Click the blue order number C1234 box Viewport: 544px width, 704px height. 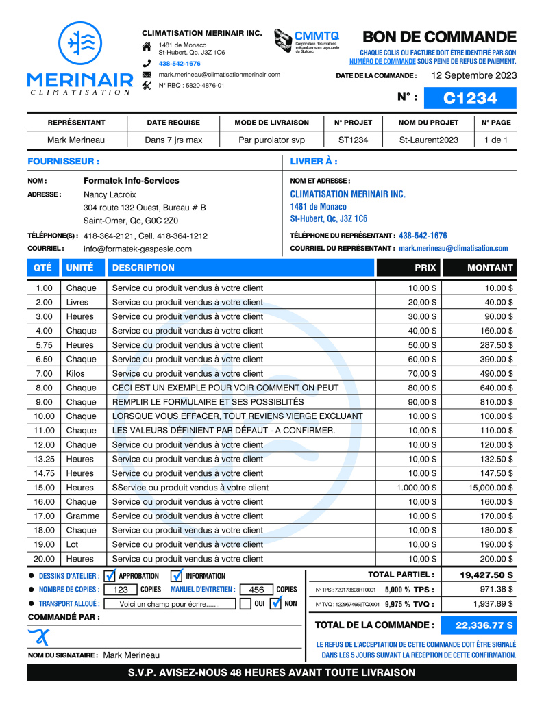pyautogui.click(x=470, y=98)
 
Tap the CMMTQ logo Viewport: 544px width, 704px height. pyautogui.click(x=306, y=41)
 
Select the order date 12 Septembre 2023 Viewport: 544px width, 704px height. pyautogui.click(x=474, y=75)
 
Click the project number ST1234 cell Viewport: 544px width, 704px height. pyautogui.click(x=353, y=140)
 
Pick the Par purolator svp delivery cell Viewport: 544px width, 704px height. pyautogui.click(x=271, y=140)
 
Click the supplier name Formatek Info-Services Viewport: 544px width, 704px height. pyautogui.click(x=131, y=181)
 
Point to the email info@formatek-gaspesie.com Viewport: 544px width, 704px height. pyautogui.click(x=138, y=249)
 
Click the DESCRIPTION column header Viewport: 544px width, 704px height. pyautogui.click(x=144, y=268)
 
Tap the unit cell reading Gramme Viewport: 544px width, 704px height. pyautogui.click(x=83, y=516)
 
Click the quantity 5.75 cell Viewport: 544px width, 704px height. pyautogui.click(x=44, y=345)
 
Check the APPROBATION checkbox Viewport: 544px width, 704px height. pyautogui.click(x=110, y=576)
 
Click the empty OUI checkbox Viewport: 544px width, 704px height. pyautogui.click(x=245, y=604)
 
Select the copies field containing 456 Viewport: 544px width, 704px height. pyautogui.click(x=257, y=590)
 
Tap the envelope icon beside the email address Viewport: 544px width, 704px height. pyautogui.click(x=146, y=74)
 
